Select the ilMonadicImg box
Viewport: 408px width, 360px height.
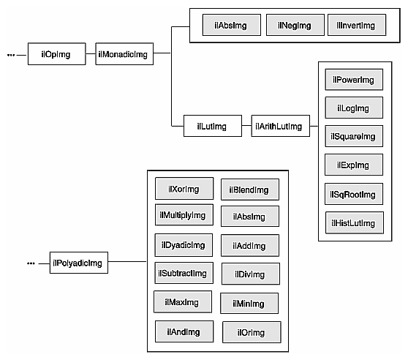point(124,54)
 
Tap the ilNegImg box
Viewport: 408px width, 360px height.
point(294,26)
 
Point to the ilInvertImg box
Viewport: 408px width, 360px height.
point(355,26)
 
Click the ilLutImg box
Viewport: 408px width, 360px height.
point(211,126)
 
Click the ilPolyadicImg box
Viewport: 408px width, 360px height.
point(78,263)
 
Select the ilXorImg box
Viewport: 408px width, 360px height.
point(184,189)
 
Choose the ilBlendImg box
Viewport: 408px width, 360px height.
point(250,190)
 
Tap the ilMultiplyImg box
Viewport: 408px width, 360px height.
point(184,215)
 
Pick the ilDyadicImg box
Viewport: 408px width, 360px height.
point(184,244)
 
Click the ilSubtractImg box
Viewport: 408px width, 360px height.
point(183,274)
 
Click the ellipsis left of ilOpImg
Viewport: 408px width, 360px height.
point(11,54)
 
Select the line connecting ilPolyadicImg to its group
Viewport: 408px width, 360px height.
point(128,263)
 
